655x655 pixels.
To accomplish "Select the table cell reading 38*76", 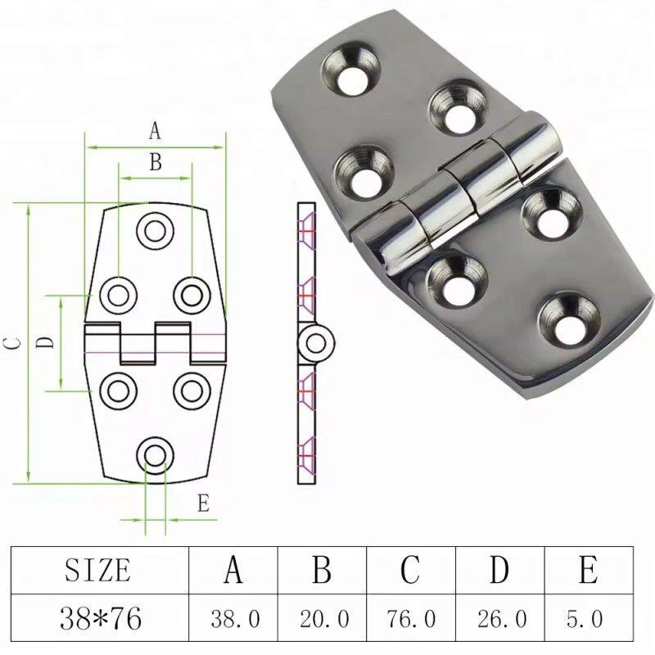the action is point(101,618).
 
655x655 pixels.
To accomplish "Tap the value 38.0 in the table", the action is point(235,619).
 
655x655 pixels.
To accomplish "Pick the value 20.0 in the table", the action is point(324,619).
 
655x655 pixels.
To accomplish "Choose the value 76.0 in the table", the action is point(411,619).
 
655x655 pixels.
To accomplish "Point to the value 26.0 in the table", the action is point(502,619).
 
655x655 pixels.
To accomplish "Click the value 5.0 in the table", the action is point(585,619).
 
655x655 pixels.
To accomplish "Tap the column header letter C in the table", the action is point(410,569).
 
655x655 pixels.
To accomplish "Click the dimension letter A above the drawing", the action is point(155,131).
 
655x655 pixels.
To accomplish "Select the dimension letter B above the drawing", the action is point(156,161).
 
